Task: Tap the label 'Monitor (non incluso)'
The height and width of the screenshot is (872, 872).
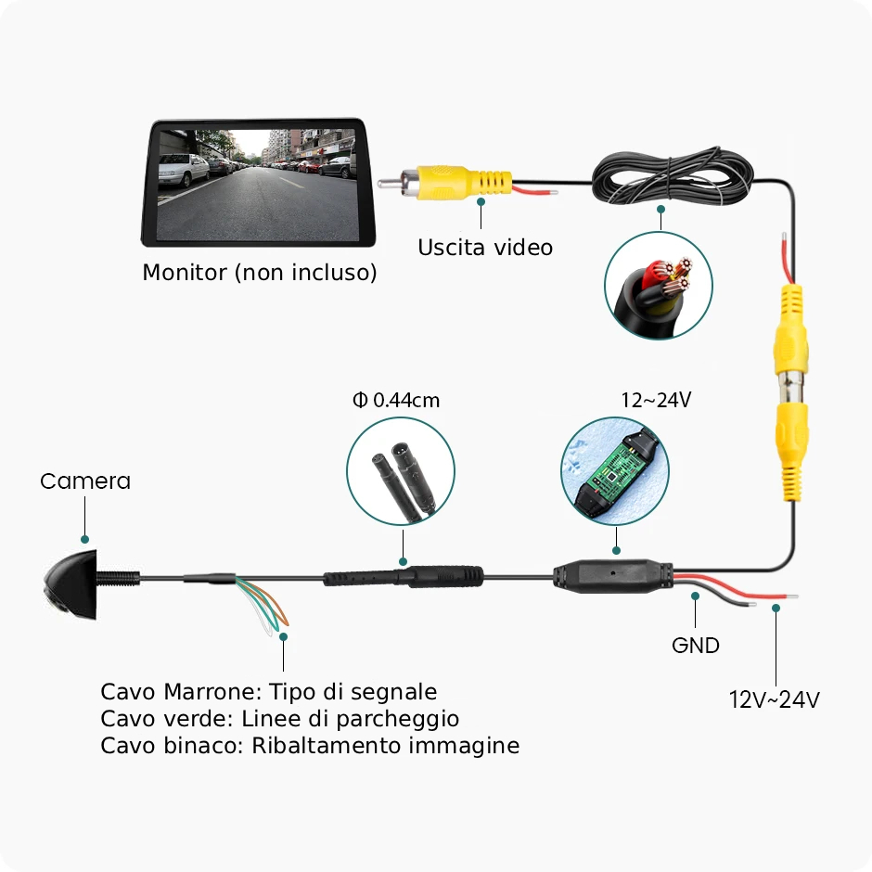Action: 259,273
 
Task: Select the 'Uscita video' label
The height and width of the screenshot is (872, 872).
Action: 484,248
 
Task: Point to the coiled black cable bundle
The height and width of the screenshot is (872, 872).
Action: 670,177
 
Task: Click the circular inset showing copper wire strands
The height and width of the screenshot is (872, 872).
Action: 659,285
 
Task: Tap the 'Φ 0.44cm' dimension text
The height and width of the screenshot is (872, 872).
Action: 396,401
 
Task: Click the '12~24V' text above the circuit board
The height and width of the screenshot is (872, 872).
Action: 656,400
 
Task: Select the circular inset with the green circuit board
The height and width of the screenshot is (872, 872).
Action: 615,470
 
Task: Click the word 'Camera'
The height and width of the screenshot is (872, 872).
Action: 85,481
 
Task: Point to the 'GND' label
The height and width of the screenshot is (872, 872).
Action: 695,645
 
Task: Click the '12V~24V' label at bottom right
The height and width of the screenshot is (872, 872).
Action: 774,699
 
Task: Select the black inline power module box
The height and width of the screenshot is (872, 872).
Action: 612,576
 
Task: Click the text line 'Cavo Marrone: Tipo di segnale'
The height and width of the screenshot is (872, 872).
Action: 268,692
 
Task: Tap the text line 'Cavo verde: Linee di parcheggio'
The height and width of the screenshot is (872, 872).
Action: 279,719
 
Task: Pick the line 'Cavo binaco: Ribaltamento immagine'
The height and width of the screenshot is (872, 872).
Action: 310,746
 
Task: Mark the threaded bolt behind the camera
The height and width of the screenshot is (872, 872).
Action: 120,576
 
